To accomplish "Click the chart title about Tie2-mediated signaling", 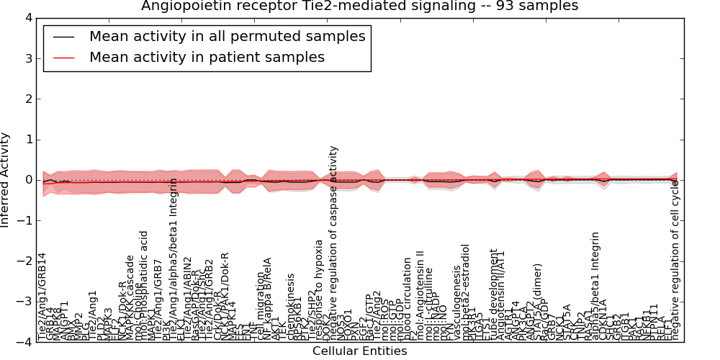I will click(x=359, y=6).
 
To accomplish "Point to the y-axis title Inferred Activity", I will click(x=6, y=180).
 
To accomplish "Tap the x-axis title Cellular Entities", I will click(x=359, y=351).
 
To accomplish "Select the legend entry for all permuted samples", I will click(x=227, y=37).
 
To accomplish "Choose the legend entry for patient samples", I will click(x=207, y=57).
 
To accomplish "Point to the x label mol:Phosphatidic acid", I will click(x=144, y=285).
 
